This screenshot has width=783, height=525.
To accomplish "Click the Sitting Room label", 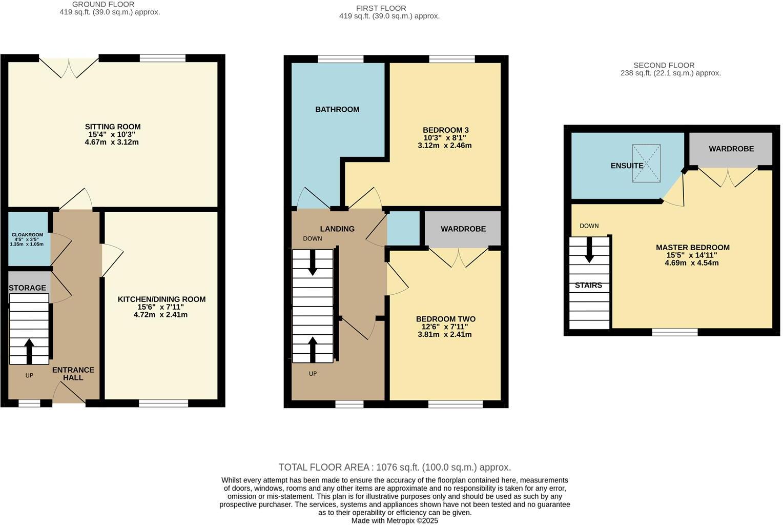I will (x=112, y=127).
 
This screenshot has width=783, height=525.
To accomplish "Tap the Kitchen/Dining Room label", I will (x=161, y=299).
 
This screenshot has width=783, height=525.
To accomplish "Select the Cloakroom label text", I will (x=27, y=235).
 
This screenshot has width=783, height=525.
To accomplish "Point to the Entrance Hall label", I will (x=73, y=374).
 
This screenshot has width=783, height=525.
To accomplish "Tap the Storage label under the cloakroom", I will (x=27, y=288).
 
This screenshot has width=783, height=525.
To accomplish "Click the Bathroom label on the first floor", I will (x=337, y=109).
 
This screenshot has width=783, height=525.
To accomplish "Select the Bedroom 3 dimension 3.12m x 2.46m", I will (x=445, y=146).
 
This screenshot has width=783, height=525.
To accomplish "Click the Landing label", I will (x=337, y=229).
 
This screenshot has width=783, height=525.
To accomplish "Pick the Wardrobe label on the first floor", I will (x=463, y=229).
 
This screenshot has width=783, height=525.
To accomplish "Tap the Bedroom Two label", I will (x=445, y=319).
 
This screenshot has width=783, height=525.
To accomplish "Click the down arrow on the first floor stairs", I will (x=312, y=264).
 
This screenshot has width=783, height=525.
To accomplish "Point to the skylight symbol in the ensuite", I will (x=646, y=163).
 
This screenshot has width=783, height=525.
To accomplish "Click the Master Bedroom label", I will (x=693, y=248).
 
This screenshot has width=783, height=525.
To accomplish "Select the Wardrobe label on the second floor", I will (x=731, y=149).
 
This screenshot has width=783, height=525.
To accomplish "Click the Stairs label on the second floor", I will (x=588, y=285).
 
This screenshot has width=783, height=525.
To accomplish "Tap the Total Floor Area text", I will (x=395, y=467).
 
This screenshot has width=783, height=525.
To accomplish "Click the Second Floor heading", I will (x=664, y=65).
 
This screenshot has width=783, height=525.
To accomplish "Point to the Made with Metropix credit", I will (x=395, y=520).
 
